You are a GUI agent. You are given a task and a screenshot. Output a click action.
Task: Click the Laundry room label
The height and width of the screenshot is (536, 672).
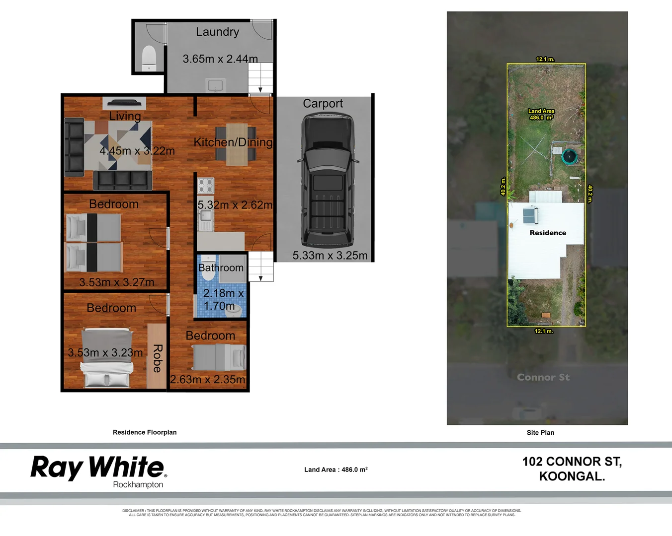[x=217, y=32]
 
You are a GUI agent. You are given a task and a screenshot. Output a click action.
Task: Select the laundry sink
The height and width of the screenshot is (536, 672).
[x=216, y=85]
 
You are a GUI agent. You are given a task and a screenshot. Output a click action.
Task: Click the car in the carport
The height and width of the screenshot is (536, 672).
[x=328, y=181]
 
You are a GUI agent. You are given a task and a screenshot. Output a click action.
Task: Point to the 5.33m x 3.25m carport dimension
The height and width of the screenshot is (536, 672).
[x=330, y=256]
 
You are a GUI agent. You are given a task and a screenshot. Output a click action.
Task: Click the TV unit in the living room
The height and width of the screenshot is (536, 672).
[x=124, y=103]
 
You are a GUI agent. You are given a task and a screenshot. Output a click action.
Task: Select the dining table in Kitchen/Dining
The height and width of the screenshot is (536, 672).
[x=236, y=144]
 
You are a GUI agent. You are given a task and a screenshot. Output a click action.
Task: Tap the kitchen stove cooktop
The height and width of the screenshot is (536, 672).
[x=206, y=186]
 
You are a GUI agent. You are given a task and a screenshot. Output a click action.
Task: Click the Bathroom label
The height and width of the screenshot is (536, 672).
[x=221, y=268]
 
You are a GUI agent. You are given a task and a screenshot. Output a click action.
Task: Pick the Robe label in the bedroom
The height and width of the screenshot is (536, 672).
[x=157, y=358]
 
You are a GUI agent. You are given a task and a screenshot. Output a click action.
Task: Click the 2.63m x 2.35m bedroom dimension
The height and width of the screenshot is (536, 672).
[x=208, y=380]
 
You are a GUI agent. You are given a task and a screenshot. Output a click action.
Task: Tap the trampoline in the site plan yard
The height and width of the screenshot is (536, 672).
[x=569, y=157]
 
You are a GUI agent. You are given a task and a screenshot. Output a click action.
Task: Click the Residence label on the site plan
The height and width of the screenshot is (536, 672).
[x=548, y=233]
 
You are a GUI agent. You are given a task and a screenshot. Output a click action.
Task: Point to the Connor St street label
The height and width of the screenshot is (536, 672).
[x=543, y=377]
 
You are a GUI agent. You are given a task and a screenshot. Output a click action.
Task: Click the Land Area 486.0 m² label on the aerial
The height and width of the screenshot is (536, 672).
[x=541, y=115]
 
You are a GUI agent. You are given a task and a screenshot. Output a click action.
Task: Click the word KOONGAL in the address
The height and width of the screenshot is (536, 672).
[x=572, y=476]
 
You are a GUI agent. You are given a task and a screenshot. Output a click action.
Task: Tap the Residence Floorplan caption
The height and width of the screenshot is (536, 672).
[x=145, y=432]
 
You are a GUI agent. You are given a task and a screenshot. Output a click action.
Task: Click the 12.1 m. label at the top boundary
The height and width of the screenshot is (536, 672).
[x=545, y=59]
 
